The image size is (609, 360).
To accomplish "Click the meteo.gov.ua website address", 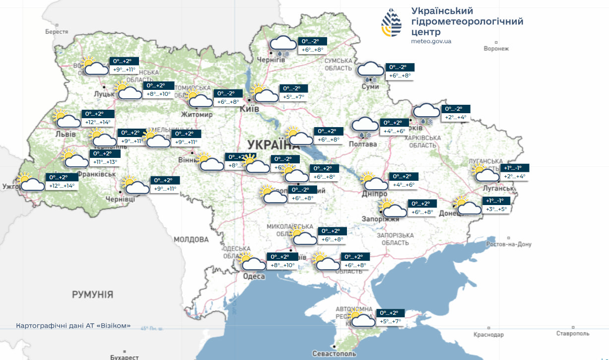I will [431, 41].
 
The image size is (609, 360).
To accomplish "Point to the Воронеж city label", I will [496, 49].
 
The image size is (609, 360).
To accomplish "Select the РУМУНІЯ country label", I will [92, 294].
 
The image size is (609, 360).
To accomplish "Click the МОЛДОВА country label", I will [191, 239].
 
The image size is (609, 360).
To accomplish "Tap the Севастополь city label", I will [334, 354].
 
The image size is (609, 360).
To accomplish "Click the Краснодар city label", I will [489, 335].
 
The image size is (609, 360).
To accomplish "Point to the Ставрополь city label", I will [573, 333].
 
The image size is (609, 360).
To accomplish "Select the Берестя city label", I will [57, 32].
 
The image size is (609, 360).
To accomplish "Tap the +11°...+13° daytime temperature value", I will [105, 162].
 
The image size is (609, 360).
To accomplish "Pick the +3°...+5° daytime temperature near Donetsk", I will [497, 210].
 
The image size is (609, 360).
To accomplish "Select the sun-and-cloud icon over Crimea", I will [361, 318].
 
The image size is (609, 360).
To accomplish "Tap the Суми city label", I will [370, 86].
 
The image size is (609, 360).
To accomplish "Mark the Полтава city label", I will [363, 144].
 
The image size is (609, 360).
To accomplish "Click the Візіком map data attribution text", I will [73, 326].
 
